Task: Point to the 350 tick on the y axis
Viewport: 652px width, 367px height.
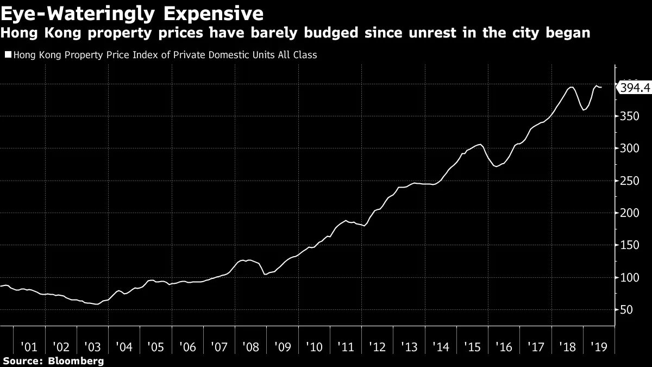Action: tap(628, 116)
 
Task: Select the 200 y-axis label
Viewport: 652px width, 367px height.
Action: tap(628, 213)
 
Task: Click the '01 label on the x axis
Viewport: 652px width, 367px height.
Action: tap(29, 347)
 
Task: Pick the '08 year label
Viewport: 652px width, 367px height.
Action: tap(251, 347)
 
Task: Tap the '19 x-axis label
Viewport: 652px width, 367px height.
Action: tap(600, 347)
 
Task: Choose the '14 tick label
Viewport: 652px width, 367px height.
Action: tap(441, 347)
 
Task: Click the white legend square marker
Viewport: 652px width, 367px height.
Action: tap(8, 55)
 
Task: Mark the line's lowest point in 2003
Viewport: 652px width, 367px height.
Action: tap(97, 304)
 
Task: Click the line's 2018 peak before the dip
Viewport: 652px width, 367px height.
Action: tap(571, 87)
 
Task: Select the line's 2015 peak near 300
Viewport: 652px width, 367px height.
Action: tap(479, 144)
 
